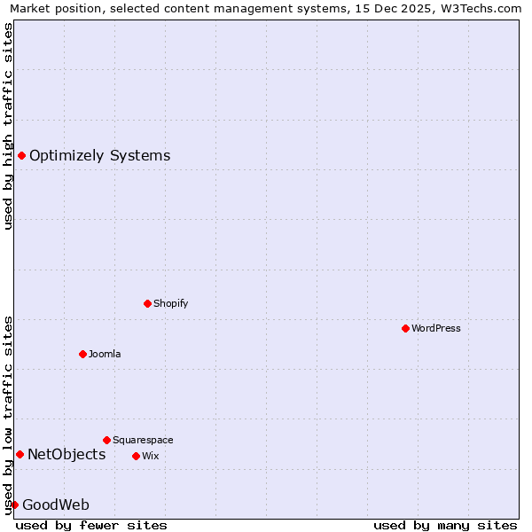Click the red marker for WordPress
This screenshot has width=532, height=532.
click(405, 328)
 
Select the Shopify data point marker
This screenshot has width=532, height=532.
click(147, 303)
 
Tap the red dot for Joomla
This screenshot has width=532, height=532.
click(82, 354)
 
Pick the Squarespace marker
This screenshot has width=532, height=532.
click(106, 440)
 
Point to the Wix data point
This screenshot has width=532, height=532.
click(136, 456)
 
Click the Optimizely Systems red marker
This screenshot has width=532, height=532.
click(21, 156)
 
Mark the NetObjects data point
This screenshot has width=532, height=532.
click(20, 455)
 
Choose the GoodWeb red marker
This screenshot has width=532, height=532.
click(14, 505)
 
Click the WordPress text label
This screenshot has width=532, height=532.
click(436, 328)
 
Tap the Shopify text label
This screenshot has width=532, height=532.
click(171, 303)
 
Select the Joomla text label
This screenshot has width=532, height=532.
click(105, 354)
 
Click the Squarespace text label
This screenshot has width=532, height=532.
click(143, 440)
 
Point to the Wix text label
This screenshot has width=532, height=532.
click(150, 456)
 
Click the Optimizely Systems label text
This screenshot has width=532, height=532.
click(99, 156)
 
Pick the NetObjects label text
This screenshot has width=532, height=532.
click(66, 455)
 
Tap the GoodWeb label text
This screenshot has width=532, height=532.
click(56, 505)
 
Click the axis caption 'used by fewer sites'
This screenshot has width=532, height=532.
click(91, 525)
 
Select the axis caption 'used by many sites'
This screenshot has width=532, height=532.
click(445, 525)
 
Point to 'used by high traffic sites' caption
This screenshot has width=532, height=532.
click(9, 126)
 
